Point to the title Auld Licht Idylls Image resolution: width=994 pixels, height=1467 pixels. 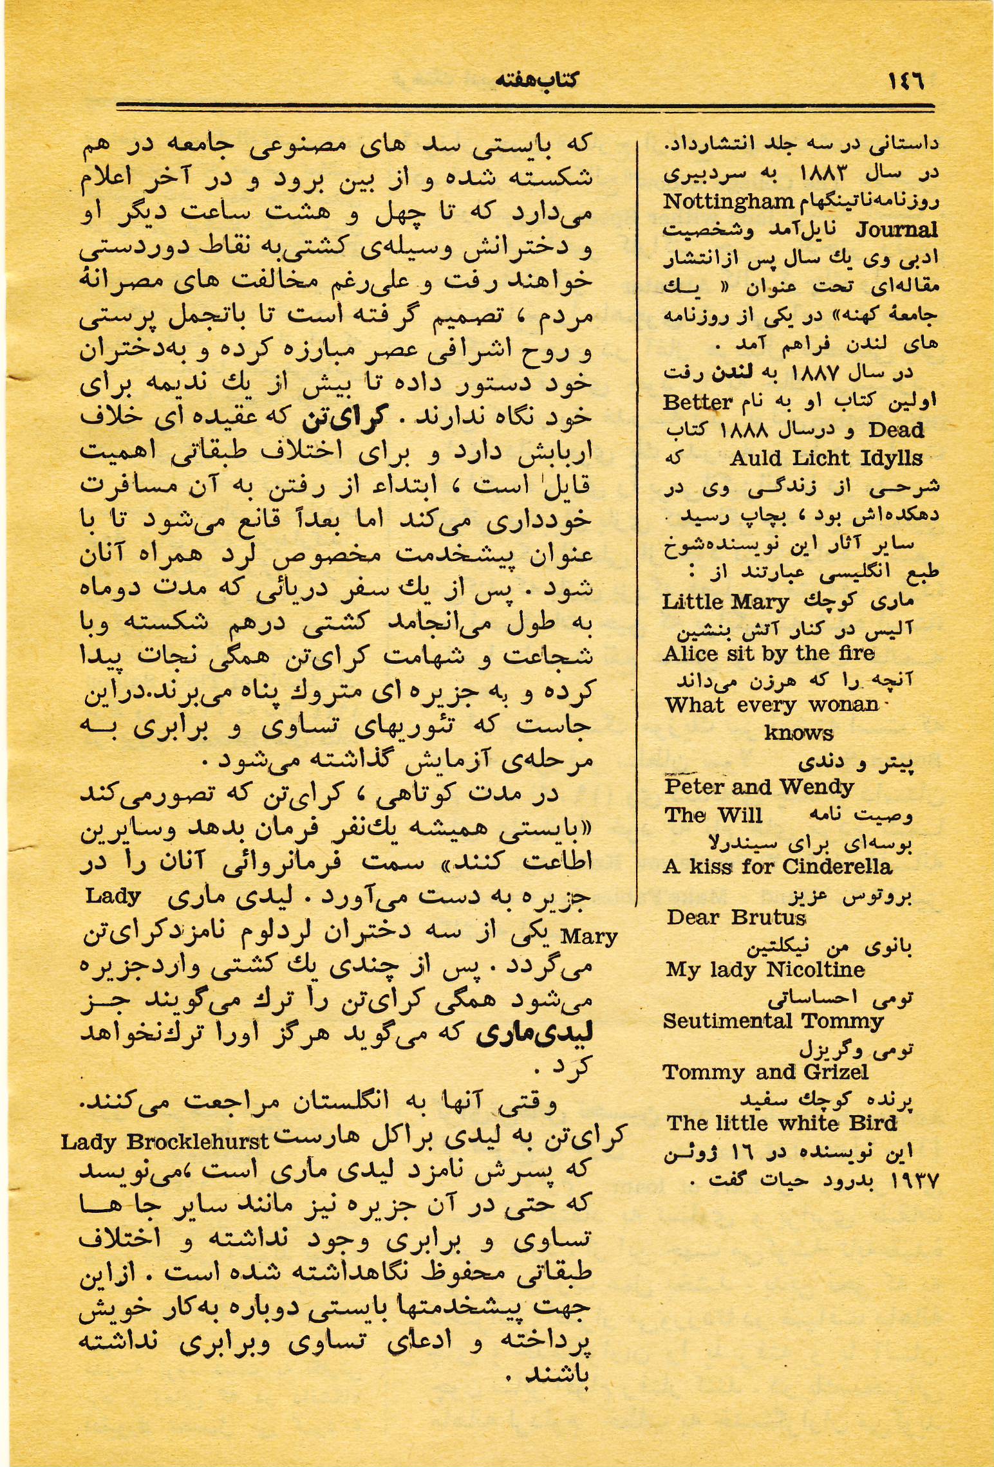(x=826, y=458)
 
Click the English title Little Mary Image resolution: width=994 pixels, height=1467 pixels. (x=726, y=602)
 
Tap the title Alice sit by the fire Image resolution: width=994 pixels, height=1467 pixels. (x=769, y=654)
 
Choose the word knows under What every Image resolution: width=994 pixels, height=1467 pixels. (x=798, y=733)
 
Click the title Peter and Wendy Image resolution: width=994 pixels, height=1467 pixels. (x=759, y=787)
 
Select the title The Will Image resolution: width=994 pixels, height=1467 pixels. (x=713, y=815)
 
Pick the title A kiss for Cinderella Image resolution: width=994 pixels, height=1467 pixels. (x=777, y=867)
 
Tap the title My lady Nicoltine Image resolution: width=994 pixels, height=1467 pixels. (x=765, y=970)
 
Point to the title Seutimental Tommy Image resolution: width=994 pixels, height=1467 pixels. (x=773, y=1021)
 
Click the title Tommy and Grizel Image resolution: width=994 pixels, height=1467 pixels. (x=765, y=1072)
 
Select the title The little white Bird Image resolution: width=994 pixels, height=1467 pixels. (x=782, y=1123)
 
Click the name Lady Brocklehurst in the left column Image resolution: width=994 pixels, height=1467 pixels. (x=165, y=1143)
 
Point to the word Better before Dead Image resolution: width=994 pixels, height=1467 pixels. (x=698, y=403)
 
